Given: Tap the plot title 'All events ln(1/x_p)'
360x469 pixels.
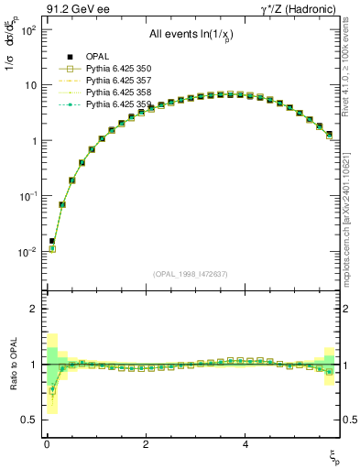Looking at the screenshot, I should [x=190, y=34].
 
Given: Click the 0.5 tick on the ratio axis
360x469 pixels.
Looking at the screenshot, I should [x=26, y=420].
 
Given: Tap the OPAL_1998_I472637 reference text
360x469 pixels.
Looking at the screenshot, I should [x=190, y=273].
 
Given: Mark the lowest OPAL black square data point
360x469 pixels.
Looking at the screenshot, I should [x=52, y=241].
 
